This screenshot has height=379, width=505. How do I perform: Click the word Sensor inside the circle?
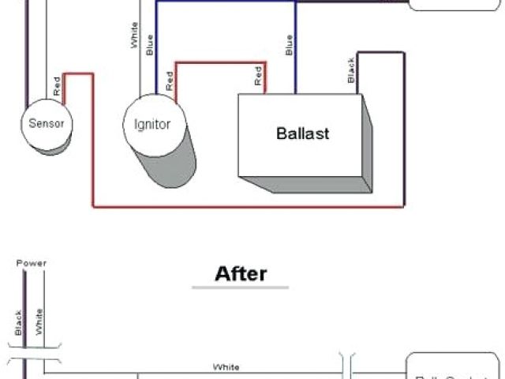pyautogui.click(x=46, y=123)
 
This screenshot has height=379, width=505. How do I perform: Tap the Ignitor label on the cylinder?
pyautogui.click(x=153, y=125)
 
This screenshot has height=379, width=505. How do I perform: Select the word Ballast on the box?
pyautogui.click(x=302, y=133)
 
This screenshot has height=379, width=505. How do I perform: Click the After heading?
pyautogui.click(x=241, y=274)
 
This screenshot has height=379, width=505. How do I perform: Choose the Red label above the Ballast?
pyautogui.click(x=258, y=76)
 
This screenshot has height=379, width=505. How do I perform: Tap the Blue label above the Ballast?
pyautogui.click(x=289, y=45)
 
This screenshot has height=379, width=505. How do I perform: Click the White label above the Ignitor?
pyautogui.click(x=135, y=36)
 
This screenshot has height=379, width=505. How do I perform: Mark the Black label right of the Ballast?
pyautogui.click(x=350, y=70)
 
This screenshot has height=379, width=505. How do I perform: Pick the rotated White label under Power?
pyautogui.click(x=39, y=321)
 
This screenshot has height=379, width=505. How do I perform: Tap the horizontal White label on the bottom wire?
pyautogui.click(x=226, y=366)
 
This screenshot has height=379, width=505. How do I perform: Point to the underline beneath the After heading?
pyautogui.click(x=241, y=287)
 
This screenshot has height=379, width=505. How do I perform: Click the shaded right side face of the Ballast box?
pyautogui.click(x=365, y=142)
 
